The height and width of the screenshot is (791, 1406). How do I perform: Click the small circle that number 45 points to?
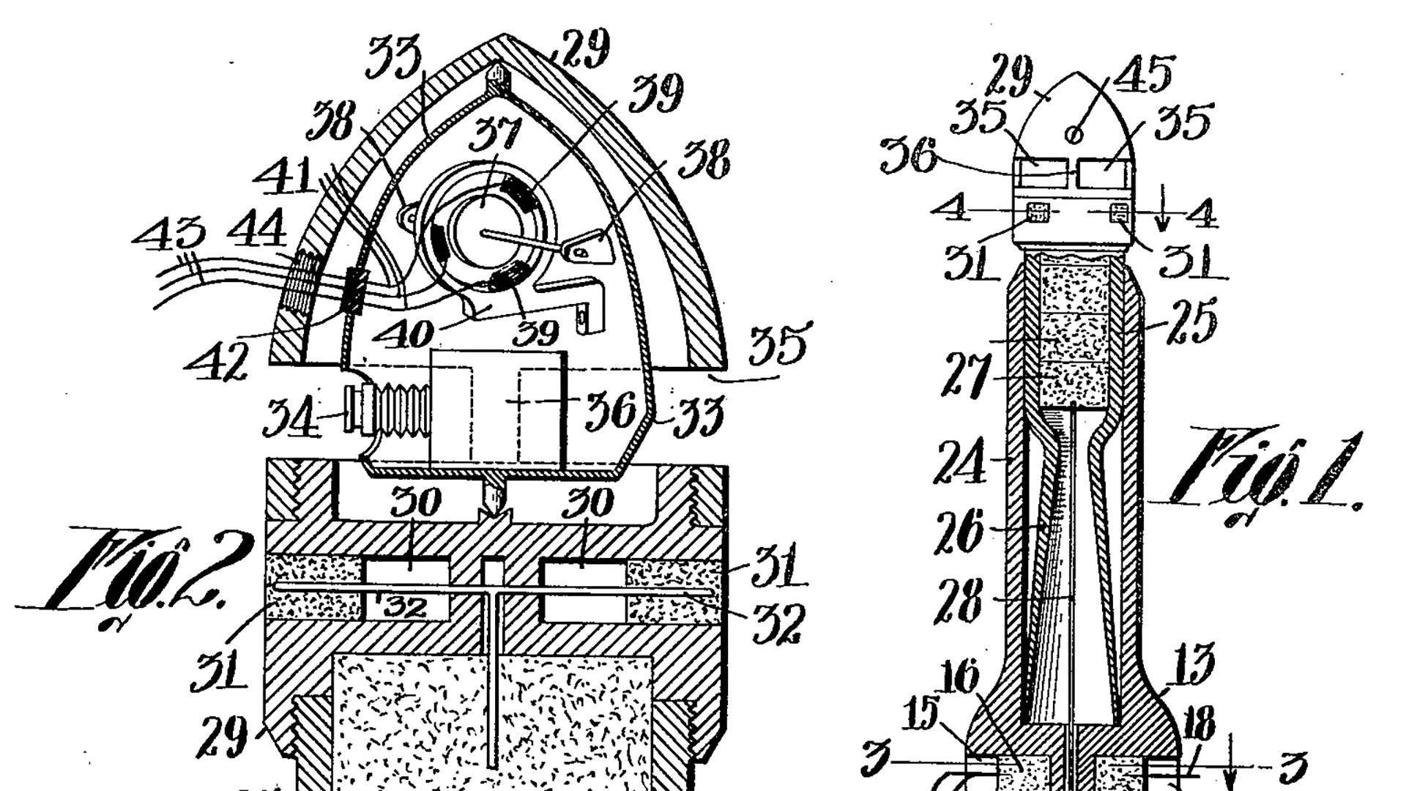coord(1076,134)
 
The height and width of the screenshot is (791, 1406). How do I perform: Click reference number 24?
coord(960,461)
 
